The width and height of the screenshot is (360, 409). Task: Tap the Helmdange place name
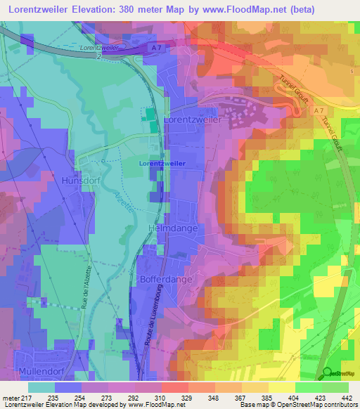[174, 229]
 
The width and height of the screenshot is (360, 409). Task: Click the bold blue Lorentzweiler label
[162, 163]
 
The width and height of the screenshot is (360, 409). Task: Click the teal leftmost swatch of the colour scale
[41, 387]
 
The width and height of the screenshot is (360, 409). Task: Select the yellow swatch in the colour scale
[281, 387]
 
